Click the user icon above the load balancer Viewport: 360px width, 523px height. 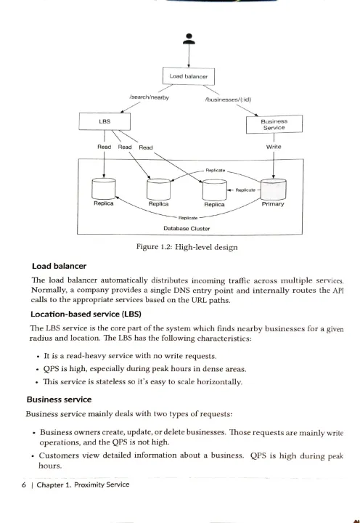pyautogui.click(x=189, y=38)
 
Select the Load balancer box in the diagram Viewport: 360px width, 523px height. pyautogui.click(x=189, y=76)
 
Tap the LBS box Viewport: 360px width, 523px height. pyautogui.click(x=105, y=121)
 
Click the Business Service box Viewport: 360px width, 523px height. pyautogui.click(x=274, y=124)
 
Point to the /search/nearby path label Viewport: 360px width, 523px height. pyautogui.click(x=149, y=97)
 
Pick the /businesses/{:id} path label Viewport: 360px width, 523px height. pyautogui.click(x=229, y=100)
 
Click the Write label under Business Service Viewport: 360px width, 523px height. pyautogui.click(x=274, y=147)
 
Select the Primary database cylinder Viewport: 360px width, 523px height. pyautogui.click(x=274, y=190)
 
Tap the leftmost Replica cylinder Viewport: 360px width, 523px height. pyautogui.click(x=104, y=189)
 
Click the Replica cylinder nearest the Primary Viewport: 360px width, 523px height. pyautogui.click(x=215, y=190)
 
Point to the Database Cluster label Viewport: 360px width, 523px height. pyautogui.click(x=187, y=229)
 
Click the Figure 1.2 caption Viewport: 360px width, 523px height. pyautogui.click(x=187, y=247)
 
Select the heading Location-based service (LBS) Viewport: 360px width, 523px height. pyautogui.click(x=86, y=315)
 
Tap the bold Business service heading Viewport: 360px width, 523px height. pyautogui.click(x=59, y=400)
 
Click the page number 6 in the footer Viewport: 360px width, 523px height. pyautogui.click(x=24, y=485)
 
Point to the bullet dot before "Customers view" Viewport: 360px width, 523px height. pyautogui.click(x=33, y=456)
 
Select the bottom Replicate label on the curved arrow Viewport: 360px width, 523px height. pyautogui.click(x=188, y=218)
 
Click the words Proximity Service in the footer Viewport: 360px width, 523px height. pyautogui.click(x=102, y=485)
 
